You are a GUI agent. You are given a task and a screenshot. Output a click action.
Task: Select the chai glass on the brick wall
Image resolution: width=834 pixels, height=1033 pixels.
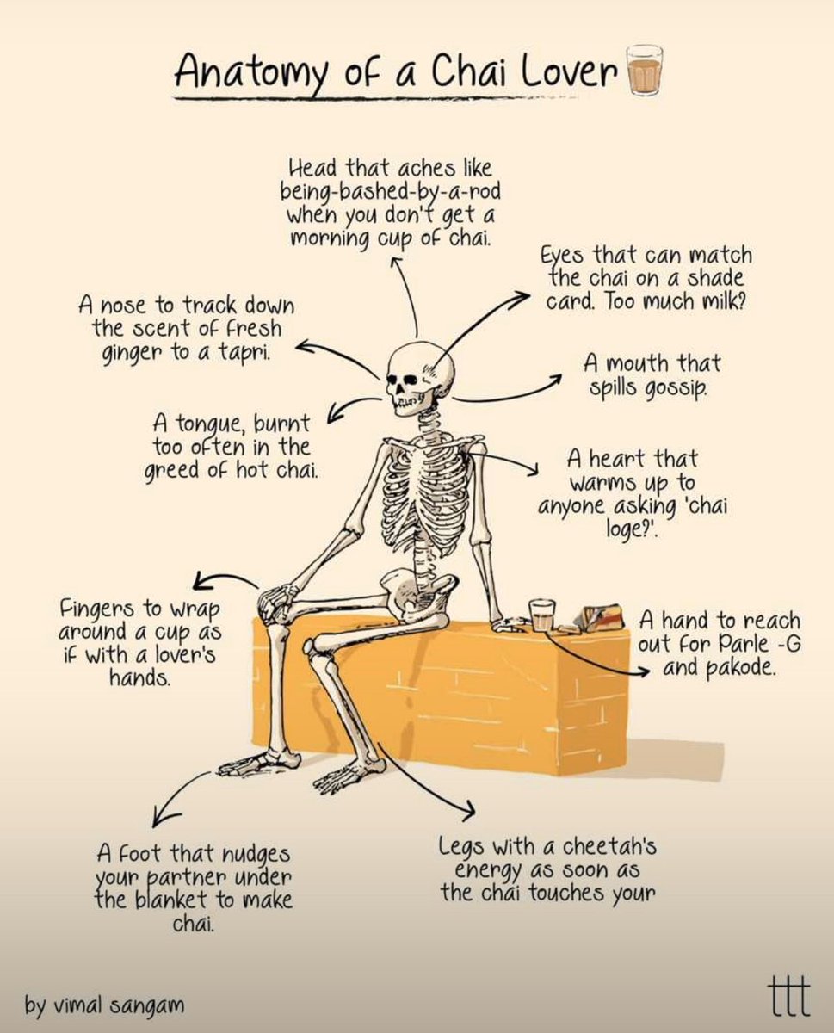(x=541, y=615)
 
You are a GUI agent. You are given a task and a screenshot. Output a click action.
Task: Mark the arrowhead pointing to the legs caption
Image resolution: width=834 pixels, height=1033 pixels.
(x=471, y=813)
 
